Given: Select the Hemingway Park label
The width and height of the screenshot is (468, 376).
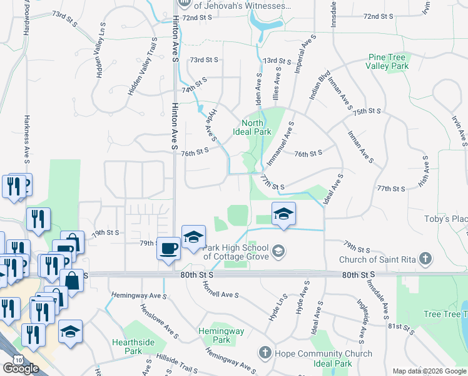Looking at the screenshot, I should click(214, 335).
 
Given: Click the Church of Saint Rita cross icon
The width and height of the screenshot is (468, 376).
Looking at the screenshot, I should click(425, 259).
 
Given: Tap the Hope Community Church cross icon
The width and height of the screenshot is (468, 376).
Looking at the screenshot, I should click(265, 352).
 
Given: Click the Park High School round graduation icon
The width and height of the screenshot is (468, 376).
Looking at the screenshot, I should click(278, 252).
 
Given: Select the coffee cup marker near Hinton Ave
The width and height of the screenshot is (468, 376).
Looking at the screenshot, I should click(168, 248).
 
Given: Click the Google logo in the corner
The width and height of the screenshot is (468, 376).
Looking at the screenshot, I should click(20, 368).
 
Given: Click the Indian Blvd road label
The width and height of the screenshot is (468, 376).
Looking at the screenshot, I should click(319, 85).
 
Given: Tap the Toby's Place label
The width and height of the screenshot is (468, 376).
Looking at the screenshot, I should click(445, 219).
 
